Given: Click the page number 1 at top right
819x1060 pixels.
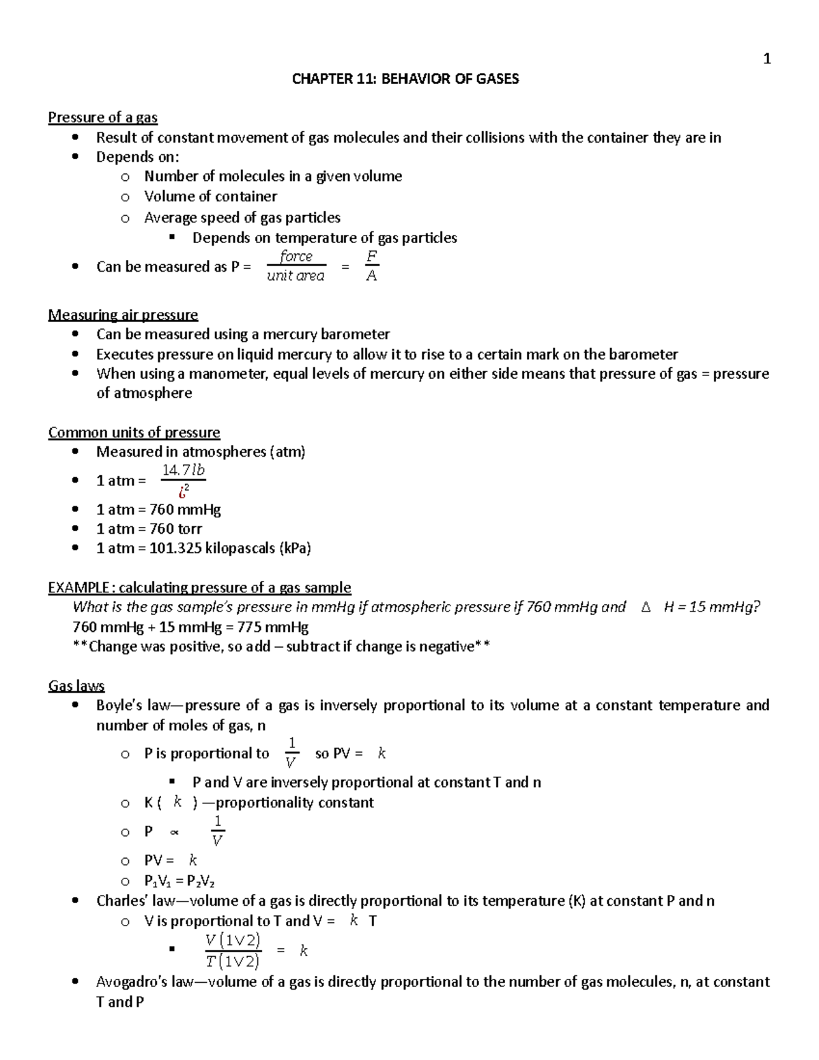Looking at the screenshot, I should [x=766, y=59].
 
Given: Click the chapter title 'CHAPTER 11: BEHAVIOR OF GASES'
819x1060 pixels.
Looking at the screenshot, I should [x=405, y=79].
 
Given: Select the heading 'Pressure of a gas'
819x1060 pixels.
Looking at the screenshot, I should [x=102, y=117].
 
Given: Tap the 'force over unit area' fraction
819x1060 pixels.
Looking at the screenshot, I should [x=296, y=266].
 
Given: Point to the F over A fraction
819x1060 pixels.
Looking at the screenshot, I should [x=371, y=266].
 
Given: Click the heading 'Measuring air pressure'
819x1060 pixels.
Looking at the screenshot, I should [x=123, y=315].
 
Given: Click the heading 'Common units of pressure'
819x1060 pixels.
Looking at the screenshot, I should [x=134, y=432].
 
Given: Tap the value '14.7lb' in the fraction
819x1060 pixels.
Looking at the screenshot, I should [x=183, y=470].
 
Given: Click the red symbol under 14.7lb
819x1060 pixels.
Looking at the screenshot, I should [x=183, y=490].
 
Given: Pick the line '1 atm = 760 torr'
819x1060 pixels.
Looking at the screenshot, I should [x=149, y=528].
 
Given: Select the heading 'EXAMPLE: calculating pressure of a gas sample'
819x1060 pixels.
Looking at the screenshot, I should [x=199, y=588].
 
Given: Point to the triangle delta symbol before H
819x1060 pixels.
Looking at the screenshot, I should [x=646, y=607].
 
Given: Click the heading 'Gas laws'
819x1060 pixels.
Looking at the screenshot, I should [x=76, y=685].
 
